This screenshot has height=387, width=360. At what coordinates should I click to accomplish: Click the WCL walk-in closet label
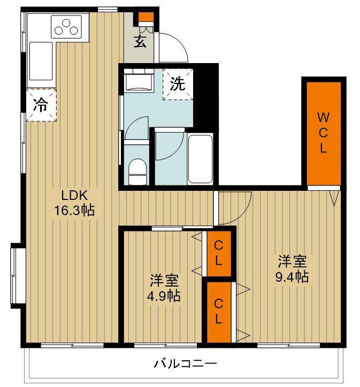(323, 133)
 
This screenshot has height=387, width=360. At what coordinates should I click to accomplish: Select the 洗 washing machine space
(178, 84)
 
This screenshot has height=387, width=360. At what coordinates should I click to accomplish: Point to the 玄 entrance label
(140, 41)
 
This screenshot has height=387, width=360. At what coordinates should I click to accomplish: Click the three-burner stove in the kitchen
(66, 27)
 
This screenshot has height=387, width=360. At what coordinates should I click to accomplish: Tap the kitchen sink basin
(41, 61)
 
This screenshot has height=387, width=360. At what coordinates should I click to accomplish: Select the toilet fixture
(138, 172)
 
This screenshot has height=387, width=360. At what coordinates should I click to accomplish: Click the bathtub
(200, 159)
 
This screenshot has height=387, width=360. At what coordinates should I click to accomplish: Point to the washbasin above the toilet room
(139, 80)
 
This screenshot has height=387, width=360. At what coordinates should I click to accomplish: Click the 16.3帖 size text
(74, 210)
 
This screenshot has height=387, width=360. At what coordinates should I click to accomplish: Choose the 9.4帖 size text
(292, 277)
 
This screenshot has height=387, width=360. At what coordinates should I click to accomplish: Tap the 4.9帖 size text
(164, 296)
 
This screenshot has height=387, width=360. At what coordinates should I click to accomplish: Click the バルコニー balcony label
(185, 363)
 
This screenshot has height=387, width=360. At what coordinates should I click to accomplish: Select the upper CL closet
(219, 253)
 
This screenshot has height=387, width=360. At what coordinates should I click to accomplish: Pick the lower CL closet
(219, 312)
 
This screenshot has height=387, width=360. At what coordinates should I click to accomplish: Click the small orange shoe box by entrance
(146, 17)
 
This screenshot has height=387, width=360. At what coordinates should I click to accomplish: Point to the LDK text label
(74, 196)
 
